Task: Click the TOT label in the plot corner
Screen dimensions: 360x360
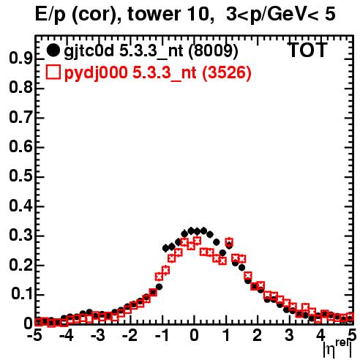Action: pyautogui.click(x=307, y=50)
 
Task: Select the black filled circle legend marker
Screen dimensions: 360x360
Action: pyautogui.click(x=53, y=50)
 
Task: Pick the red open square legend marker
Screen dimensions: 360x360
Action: pyautogui.click(x=53, y=72)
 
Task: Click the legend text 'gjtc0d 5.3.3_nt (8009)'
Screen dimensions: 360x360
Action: pyautogui.click(x=151, y=51)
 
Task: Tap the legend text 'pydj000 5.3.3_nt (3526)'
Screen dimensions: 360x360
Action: pyautogui.click(x=158, y=73)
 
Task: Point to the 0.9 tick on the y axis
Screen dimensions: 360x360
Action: pyautogui.click(x=20, y=59)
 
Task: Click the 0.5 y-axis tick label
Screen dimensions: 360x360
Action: pyautogui.click(x=20, y=176)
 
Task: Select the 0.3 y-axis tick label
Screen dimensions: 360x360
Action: pyautogui.click(x=20, y=236)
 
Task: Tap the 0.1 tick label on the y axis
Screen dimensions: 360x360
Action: pyautogui.click(x=22, y=294)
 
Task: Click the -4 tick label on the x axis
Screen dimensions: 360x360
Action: pyautogui.click(x=66, y=336)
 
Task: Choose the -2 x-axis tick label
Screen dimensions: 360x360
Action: pyautogui.click(x=130, y=336)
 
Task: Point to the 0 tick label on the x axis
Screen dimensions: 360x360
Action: pyautogui.click(x=194, y=336)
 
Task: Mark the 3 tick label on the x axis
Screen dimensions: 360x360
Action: pyautogui.click(x=290, y=336)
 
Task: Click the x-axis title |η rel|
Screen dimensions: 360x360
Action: pyautogui.click(x=337, y=348)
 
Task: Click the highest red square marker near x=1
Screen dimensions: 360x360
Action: pyautogui.click(x=229, y=242)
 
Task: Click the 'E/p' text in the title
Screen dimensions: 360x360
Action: pyautogui.click(x=50, y=15)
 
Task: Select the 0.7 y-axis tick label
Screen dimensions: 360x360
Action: pyautogui.click(x=20, y=118)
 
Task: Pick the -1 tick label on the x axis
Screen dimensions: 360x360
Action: pyautogui.click(x=162, y=336)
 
